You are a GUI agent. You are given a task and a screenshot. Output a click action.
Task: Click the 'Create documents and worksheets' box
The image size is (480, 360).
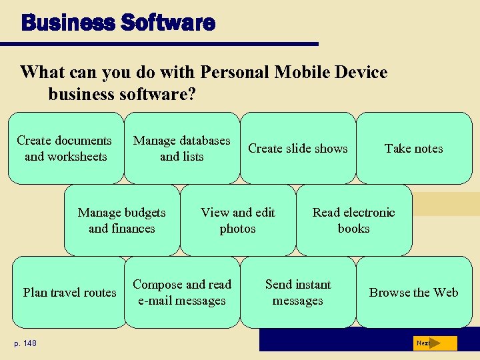point(65,148)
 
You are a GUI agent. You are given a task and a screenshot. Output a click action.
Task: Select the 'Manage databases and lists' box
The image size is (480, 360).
point(181,148)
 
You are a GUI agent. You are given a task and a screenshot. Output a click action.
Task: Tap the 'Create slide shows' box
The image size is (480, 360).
point(298,148)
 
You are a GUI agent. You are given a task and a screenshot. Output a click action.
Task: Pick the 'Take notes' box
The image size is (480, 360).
point(413,148)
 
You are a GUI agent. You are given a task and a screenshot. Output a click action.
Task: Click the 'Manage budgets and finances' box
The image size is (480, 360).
point(122,220)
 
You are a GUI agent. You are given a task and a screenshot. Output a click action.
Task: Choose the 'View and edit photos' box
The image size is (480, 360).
point(238,220)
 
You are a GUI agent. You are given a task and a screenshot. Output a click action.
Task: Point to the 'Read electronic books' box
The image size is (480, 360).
point(354,220)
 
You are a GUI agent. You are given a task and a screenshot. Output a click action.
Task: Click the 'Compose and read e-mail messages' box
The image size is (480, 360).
point(181,292)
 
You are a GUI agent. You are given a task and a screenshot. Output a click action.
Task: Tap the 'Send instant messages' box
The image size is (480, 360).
point(298,292)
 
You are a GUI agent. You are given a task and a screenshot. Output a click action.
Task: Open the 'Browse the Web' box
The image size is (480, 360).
point(413,292)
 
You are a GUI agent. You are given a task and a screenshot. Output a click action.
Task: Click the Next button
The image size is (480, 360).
point(434,343)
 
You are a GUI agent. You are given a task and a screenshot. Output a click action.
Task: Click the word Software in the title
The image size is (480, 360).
point(168,23)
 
